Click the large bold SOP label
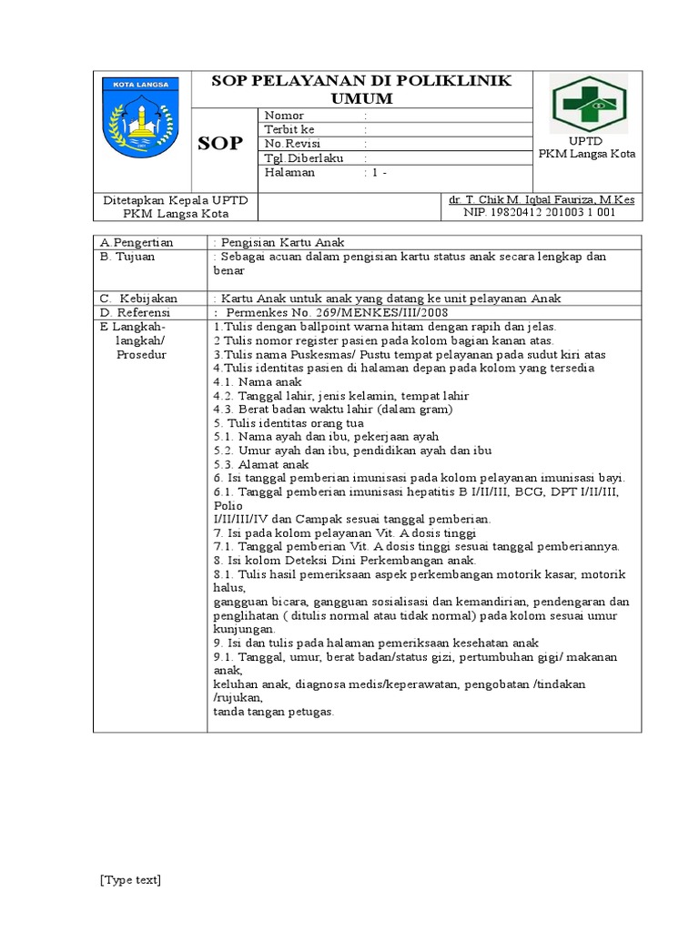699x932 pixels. point(221,144)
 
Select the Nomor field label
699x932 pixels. point(284,116)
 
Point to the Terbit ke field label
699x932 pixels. point(289,129)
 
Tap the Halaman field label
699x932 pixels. point(289,172)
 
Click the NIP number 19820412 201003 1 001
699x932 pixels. point(541,213)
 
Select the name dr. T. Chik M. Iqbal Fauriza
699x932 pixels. point(541,199)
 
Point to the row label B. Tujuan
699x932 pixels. point(128,257)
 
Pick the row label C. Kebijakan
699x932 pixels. point(139,299)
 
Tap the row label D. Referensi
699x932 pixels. point(136,312)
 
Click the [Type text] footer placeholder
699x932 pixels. point(130,879)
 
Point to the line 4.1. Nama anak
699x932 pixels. point(249,382)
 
